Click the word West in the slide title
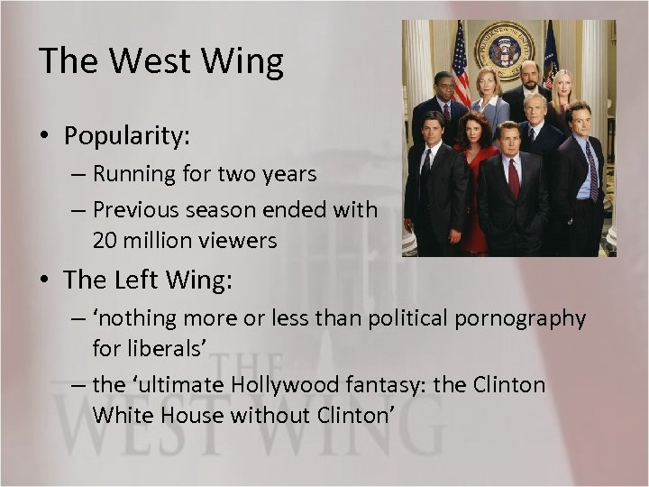click(x=149, y=60)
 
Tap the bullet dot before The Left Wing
click(x=46, y=280)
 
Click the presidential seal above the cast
click(x=506, y=50)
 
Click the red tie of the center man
click(x=513, y=177)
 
